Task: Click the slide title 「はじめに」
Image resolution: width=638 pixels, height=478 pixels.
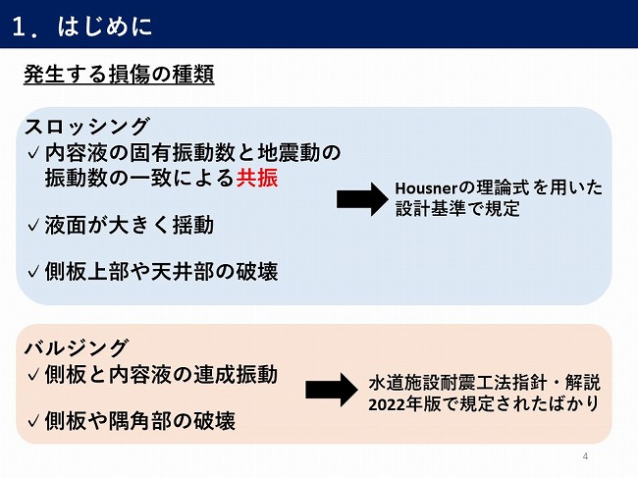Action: (x=106, y=25)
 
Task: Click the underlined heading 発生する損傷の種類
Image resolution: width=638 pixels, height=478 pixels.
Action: (x=119, y=76)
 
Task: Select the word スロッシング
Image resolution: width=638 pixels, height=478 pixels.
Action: (x=87, y=126)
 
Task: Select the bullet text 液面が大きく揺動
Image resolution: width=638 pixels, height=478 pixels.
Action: (x=129, y=225)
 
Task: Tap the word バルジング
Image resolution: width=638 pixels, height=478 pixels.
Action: (x=77, y=347)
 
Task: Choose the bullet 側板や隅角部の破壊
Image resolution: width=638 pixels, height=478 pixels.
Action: (x=139, y=421)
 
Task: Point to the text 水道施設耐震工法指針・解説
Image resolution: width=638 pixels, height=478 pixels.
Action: (x=484, y=381)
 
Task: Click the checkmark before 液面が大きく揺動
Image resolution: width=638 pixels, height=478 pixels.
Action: (x=33, y=227)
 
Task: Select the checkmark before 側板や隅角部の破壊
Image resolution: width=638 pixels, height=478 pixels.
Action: (x=33, y=422)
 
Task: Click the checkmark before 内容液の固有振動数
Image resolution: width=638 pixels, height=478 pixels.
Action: (x=33, y=153)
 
